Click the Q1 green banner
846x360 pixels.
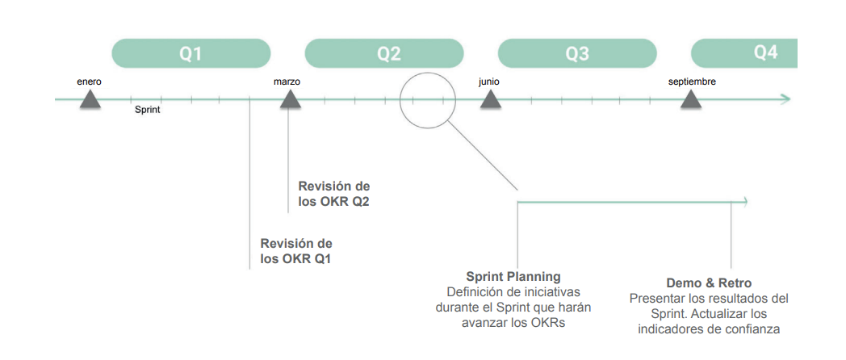[191, 53]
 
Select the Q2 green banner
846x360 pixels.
[388, 53]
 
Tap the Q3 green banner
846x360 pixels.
[576, 53]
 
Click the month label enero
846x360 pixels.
[90, 82]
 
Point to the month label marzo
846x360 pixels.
[287, 82]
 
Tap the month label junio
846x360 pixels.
[488, 82]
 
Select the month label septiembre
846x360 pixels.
[692, 82]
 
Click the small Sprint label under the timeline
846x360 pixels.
[147, 110]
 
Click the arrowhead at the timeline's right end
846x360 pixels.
[785, 99]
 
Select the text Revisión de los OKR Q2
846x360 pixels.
[333, 194]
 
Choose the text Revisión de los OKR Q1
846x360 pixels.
[296, 251]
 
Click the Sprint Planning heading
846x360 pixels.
[513, 277]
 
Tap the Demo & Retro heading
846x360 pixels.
[709, 283]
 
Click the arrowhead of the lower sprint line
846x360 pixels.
[747, 202]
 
